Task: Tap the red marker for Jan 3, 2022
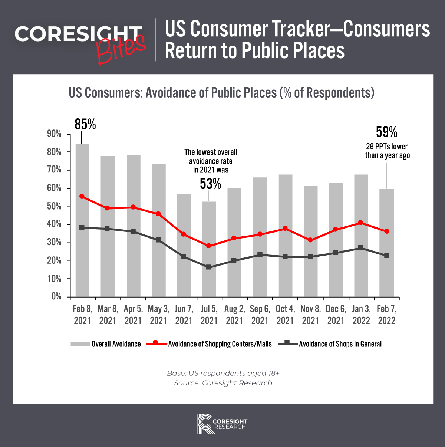tap(360, 223)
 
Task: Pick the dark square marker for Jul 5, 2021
tap(208, 267)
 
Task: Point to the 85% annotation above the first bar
tap(85, 124)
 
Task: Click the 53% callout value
tap(210, 183)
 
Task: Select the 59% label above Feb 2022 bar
tap(386, 132)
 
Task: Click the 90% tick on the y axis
tap(55, 134)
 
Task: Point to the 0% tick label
tap(56, 296)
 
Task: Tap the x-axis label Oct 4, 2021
tap(285, 315)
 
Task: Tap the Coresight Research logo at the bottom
tap(222, 423)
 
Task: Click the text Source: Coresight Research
tap(223, 383)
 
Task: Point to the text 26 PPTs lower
tap(387, 147)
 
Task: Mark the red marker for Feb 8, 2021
tap(82, 197)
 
